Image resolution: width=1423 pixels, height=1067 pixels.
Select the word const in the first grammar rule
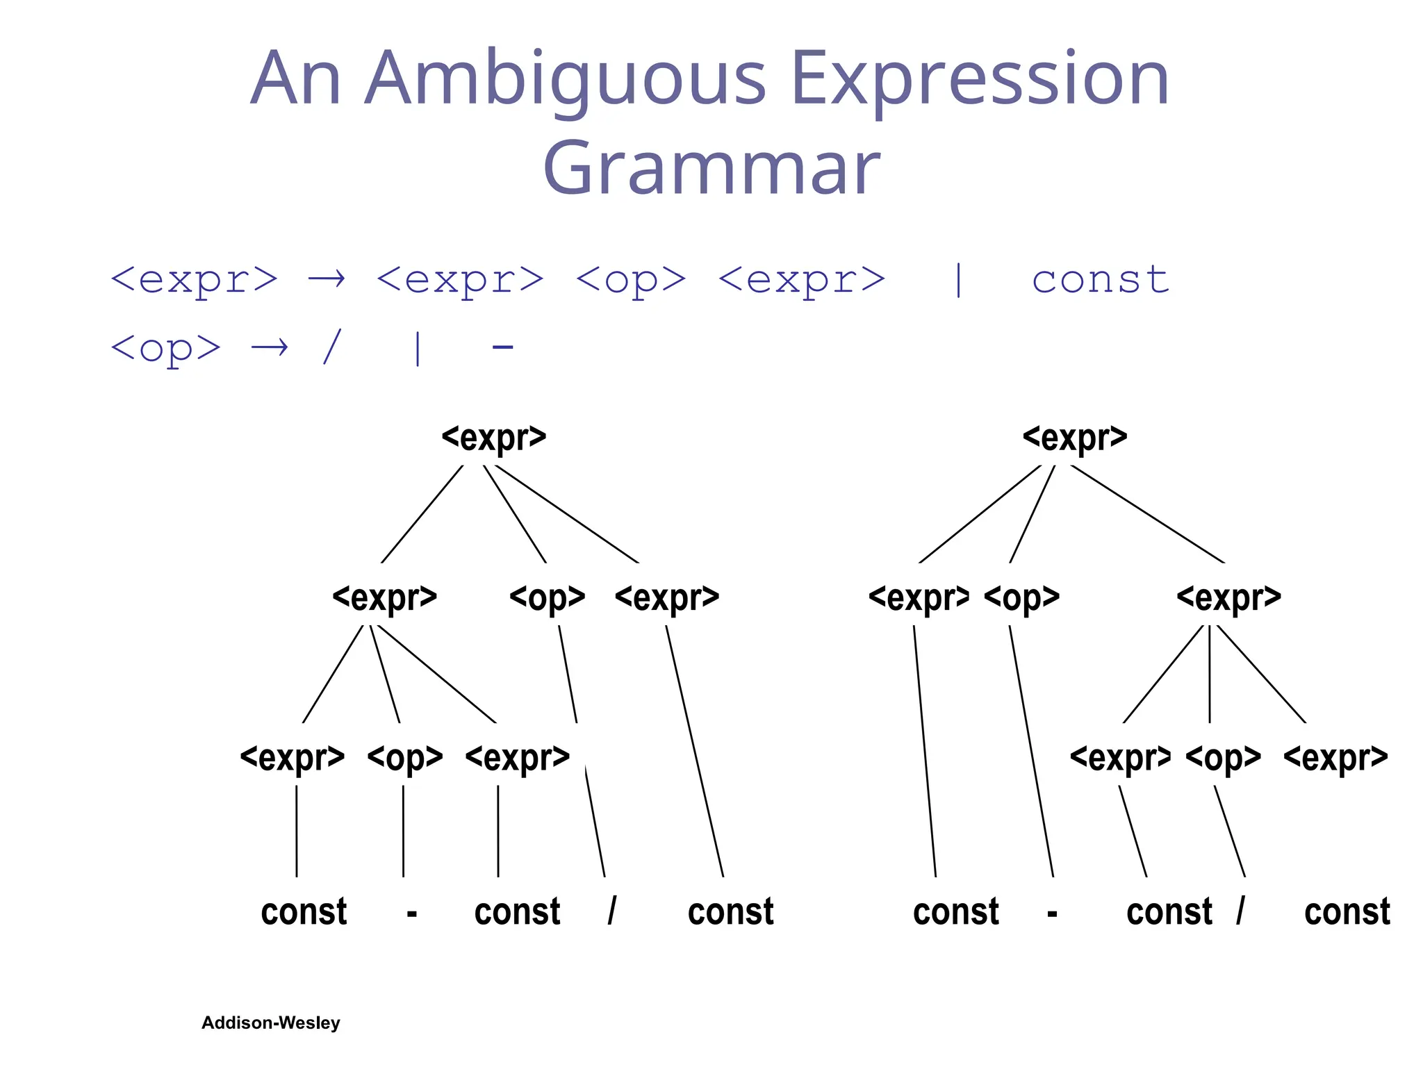(1100, 280)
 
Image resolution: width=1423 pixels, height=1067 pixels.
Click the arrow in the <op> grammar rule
(270, 347)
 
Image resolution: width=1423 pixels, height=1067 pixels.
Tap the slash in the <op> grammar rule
(332, 347)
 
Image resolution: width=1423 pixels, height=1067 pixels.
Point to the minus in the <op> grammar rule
(502, 347)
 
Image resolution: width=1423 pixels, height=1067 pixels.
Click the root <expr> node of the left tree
(494, 438)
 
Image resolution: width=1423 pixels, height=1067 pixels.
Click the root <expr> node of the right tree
(1075, 438)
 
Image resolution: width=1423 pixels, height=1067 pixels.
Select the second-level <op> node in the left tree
(548, 597)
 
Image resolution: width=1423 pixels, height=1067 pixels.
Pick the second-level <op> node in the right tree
(1022, 597)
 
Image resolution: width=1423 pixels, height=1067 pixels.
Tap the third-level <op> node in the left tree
(405, 757)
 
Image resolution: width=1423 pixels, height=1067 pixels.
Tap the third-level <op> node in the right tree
(1224, 757)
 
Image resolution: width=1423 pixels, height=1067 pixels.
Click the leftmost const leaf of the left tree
(304, 911)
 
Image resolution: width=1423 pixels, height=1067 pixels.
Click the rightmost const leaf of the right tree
(1347, 911)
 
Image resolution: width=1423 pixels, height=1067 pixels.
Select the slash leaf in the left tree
(611, 911)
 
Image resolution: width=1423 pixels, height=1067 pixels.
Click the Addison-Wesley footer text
(271, 1023)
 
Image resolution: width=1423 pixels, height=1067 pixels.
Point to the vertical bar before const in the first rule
(959, 280)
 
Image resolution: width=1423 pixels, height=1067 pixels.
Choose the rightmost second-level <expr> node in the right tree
(1228, 597)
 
